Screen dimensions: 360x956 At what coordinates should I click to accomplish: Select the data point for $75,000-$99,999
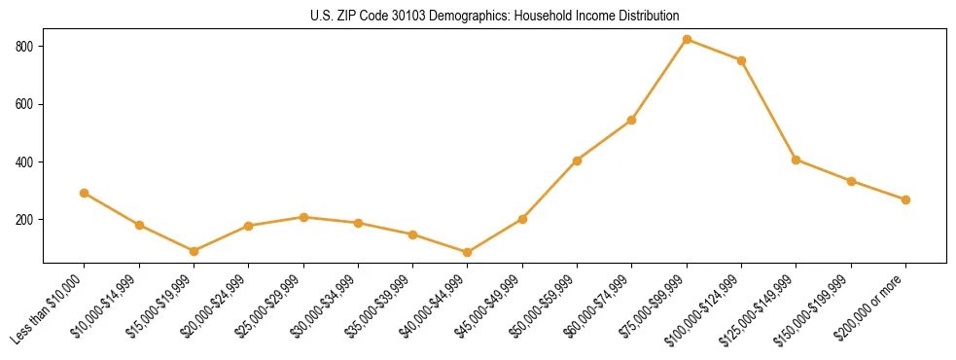click(687, 40)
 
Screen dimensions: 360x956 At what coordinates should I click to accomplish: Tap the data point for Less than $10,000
click(85, 193)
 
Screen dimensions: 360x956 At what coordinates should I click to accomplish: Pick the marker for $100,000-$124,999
click(741, 60)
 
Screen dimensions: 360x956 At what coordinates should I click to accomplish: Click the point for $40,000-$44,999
click(468, 253)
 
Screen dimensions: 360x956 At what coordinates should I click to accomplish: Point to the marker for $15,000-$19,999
click(194, 251)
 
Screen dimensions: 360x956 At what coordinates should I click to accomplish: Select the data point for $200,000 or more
click(905, 199)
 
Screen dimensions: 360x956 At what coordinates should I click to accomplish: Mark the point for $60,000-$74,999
click(632, 121)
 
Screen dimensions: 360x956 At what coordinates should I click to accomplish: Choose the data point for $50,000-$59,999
click(577, 161)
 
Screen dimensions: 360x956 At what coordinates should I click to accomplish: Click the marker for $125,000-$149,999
click(797, 160)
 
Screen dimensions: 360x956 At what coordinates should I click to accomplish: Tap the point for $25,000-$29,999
click(303, 217)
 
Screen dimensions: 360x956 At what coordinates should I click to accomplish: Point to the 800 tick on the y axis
click(27, 47)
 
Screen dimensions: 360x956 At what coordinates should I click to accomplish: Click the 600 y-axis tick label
click(27, 104)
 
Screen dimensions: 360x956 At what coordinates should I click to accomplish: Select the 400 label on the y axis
click(27, 162)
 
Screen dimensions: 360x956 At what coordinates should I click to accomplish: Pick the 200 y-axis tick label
click(27, 220)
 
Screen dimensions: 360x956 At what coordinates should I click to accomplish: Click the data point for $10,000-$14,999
click(139, 225)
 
